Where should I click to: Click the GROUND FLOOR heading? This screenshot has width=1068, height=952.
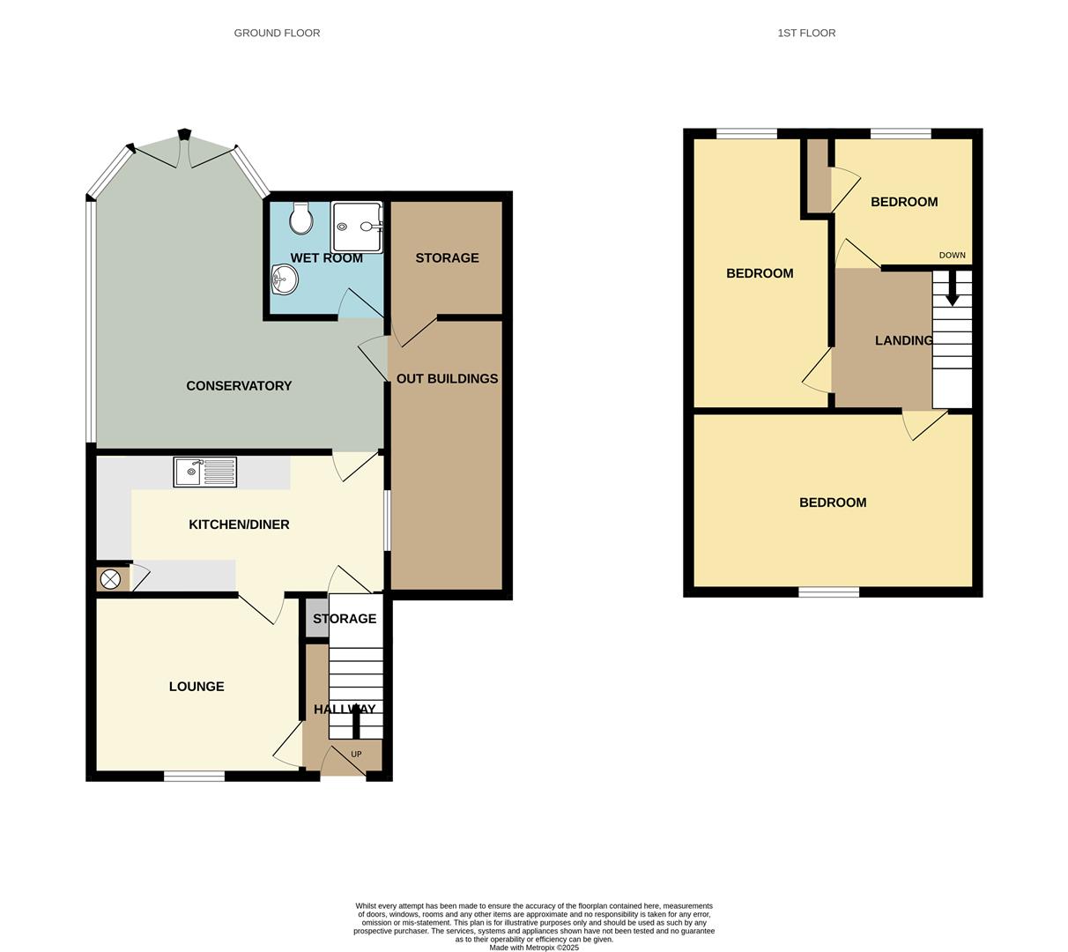click(277, 33)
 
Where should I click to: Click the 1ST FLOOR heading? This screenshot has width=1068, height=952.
click(806, 33)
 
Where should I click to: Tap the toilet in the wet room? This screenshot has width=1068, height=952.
click(300, 219)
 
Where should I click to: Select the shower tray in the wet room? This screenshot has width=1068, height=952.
click(358, 227)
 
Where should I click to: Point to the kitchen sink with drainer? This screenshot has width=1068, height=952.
click(205, 472)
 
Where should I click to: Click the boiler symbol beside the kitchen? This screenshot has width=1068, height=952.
click(110, 579)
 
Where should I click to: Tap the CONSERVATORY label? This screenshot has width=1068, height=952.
click(239, 386)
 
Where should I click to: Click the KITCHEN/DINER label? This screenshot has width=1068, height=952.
click(239, 524)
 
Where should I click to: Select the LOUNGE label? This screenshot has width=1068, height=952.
click(197, 687)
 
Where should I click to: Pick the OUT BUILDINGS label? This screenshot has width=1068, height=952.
click(447, 379)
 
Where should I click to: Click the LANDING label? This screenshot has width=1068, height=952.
click(903, 340)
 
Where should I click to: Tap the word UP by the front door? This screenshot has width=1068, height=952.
click(356, 755)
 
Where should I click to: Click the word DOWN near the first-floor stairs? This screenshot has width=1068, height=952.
click(952, 256)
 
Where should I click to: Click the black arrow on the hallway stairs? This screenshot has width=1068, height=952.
click(357, 724)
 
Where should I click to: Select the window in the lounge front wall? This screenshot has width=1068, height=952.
click(194, 777)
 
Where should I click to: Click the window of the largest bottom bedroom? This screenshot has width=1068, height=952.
click(828, 592)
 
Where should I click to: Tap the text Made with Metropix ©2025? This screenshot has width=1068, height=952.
click(534, 948)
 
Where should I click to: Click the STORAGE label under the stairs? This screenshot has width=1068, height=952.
click(345, 619)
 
